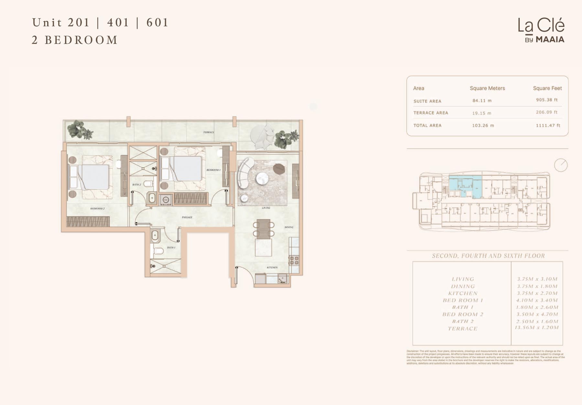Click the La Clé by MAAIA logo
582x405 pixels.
[x=541, y=30]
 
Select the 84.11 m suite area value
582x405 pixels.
[x=482, y=101]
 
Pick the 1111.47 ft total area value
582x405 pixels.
[x=548, y=125]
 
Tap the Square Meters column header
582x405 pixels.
[x=487, y=88]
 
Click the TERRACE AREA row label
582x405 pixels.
[x=430, y=113]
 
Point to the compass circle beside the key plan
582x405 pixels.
[x=561, y=165]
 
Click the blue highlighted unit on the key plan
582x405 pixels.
[x=466, y=186]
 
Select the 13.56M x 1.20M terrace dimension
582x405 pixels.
[x=537, y=328]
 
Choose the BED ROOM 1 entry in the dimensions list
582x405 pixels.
[x=463, y=300]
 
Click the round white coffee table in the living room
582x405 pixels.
[x=262, y=178]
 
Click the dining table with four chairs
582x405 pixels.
[x=264, y=229]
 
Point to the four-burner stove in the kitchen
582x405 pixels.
[x=294, y=260]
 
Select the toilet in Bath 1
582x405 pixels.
[x=158, y=251]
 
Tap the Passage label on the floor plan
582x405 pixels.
[x=187, y=217]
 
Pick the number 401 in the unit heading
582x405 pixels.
[x=118, y=23]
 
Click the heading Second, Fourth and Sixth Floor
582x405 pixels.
[x=488, y=256]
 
